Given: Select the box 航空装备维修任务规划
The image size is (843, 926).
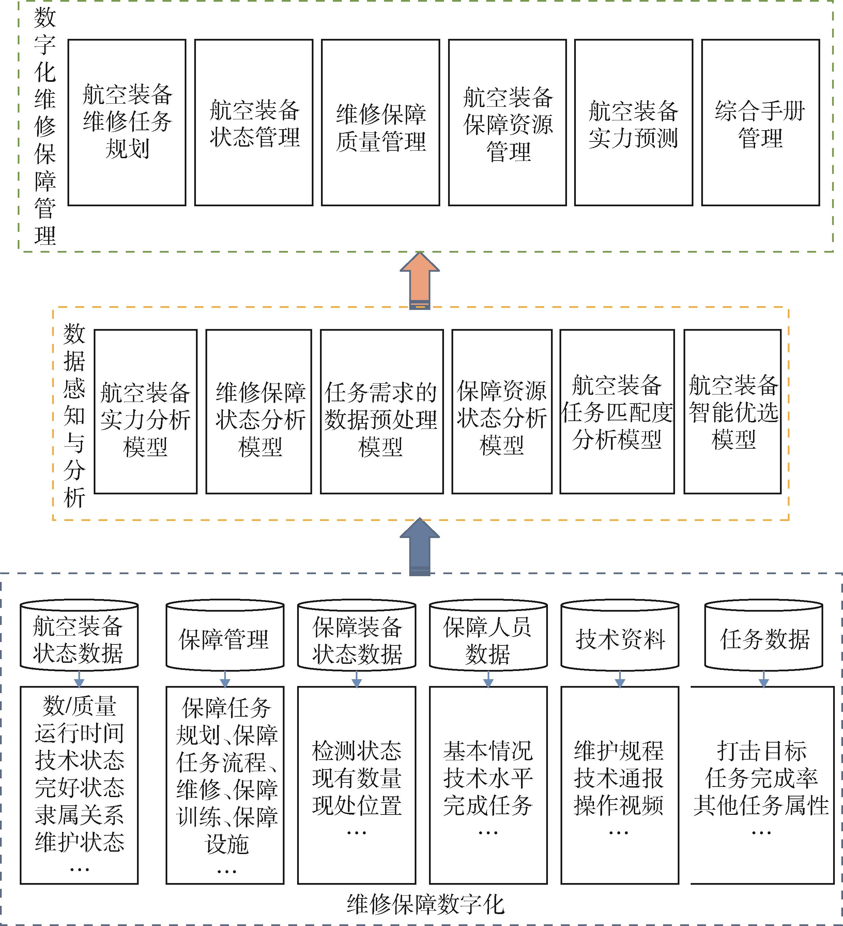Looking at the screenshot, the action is pyautogui.click(x=127, y=122).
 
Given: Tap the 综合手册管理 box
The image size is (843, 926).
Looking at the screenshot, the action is pyautogui.click(x=760, y=122).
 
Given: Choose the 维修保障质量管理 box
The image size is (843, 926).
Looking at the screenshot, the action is pyautogui.click(x=381, y=122).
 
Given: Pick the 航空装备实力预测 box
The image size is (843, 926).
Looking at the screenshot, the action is pyautogui.click(x=634, y=122).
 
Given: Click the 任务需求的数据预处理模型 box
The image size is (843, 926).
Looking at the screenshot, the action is pyautogui.click(x=382, y=412).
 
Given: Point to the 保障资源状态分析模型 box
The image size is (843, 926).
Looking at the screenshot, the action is pyautogui.click(x=502, y=412).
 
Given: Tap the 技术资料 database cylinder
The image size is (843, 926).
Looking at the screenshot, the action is pyautogui.click(x=620, y=635).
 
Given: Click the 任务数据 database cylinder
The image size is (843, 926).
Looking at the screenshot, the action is pyautogui.click(x=764, y=635).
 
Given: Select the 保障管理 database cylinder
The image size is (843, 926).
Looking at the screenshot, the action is pyautogui.click(x=225, y=635).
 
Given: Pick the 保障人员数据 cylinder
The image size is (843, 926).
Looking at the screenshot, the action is pyautogui.click(x=488, y=635).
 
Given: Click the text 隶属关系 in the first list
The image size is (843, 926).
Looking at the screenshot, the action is pyautogui.click(x=79, y=815).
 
